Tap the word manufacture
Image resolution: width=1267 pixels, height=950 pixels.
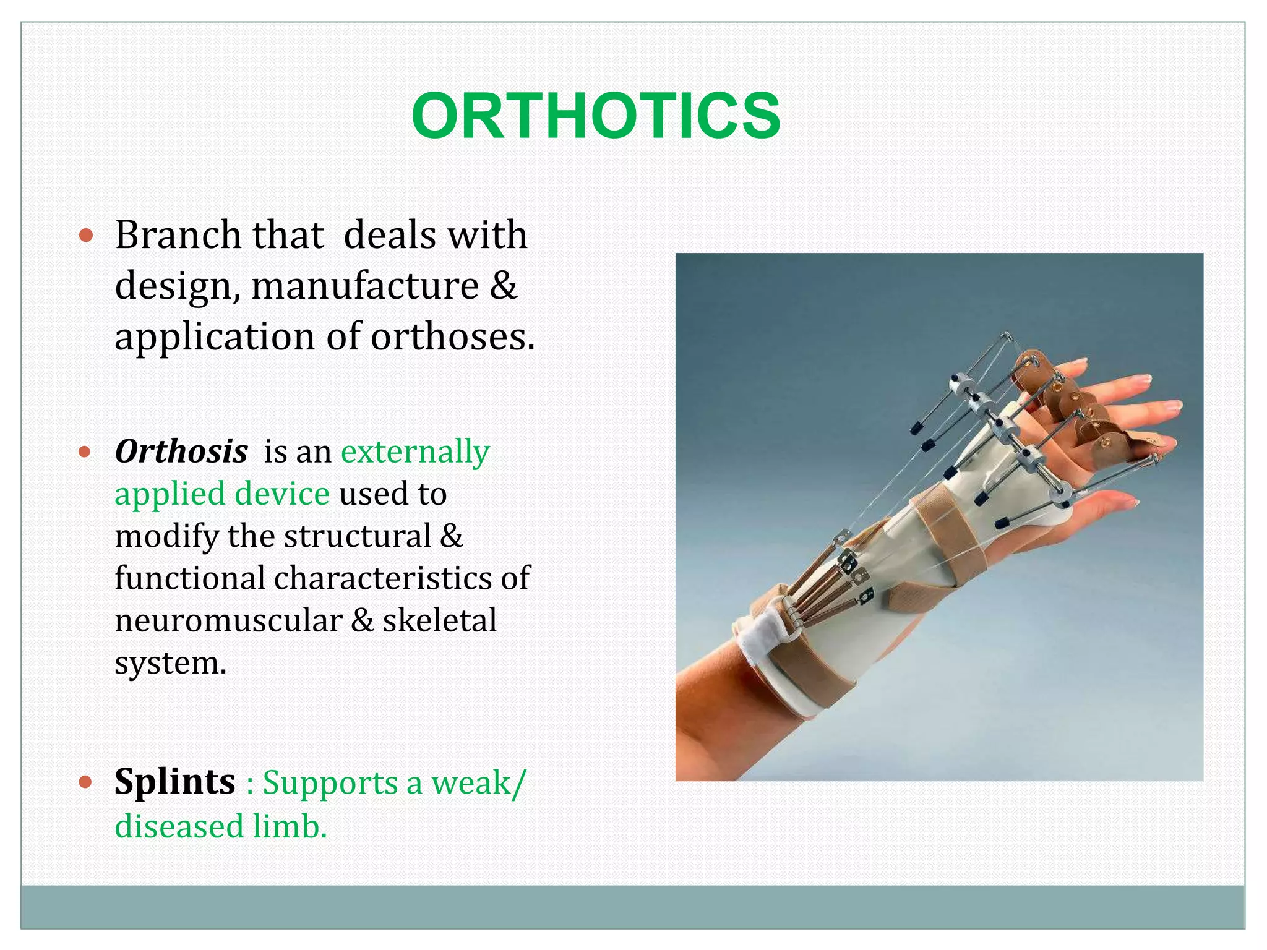tap(364, 286)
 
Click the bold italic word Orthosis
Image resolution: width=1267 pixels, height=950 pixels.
tap(181, 451)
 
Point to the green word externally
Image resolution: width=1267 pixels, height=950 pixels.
tap(415, 451)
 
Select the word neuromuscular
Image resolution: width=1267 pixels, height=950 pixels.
tap(228, 620)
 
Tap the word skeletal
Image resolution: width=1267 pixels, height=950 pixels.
tap(439, 620)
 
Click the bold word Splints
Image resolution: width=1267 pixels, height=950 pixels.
tap(175, 782)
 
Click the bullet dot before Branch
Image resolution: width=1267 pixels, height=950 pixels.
tap(86, 236)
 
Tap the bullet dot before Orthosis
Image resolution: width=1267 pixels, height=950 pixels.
tap(86, 452)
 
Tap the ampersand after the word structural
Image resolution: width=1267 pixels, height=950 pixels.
tap(451, 536)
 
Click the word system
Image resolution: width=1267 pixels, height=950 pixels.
tap(170, 663)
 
